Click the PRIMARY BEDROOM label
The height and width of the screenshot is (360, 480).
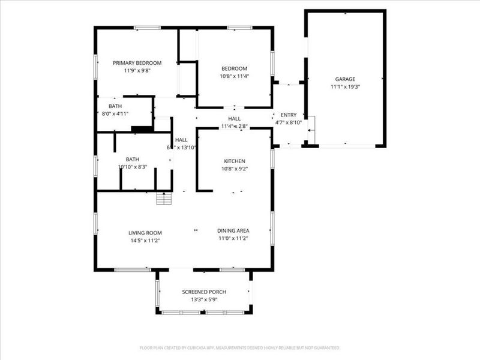137,63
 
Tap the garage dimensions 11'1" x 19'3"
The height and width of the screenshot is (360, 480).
345,86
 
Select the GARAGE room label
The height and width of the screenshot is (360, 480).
345,79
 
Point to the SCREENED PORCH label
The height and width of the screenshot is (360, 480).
204,292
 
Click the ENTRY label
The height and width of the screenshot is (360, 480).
289,115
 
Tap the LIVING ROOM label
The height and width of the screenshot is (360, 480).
145,232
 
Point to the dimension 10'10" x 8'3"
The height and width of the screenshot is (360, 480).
133,167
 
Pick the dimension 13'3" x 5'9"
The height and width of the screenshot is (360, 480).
204,299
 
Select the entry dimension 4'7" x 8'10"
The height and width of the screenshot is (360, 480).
289,122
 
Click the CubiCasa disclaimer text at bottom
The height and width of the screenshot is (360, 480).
240,347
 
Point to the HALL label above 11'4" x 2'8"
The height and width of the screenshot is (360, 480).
234,119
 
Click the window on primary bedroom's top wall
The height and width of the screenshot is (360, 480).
147,27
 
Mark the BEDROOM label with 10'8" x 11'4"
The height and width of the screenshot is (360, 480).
234,69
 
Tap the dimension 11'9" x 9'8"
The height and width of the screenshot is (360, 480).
137,70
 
